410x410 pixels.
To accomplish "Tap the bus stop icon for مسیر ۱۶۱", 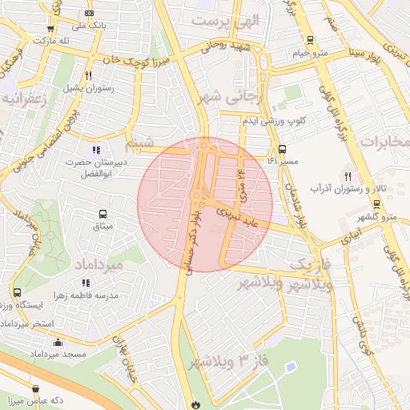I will (x=282, y=149).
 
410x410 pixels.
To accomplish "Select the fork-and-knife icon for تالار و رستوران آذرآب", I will (x=348, y=176).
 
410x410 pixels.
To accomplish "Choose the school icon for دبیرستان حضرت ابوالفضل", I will (x=96, y=149).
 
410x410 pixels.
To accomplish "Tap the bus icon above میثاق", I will (x=102, y=214).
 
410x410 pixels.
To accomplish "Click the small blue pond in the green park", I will (x=289, y=367).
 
